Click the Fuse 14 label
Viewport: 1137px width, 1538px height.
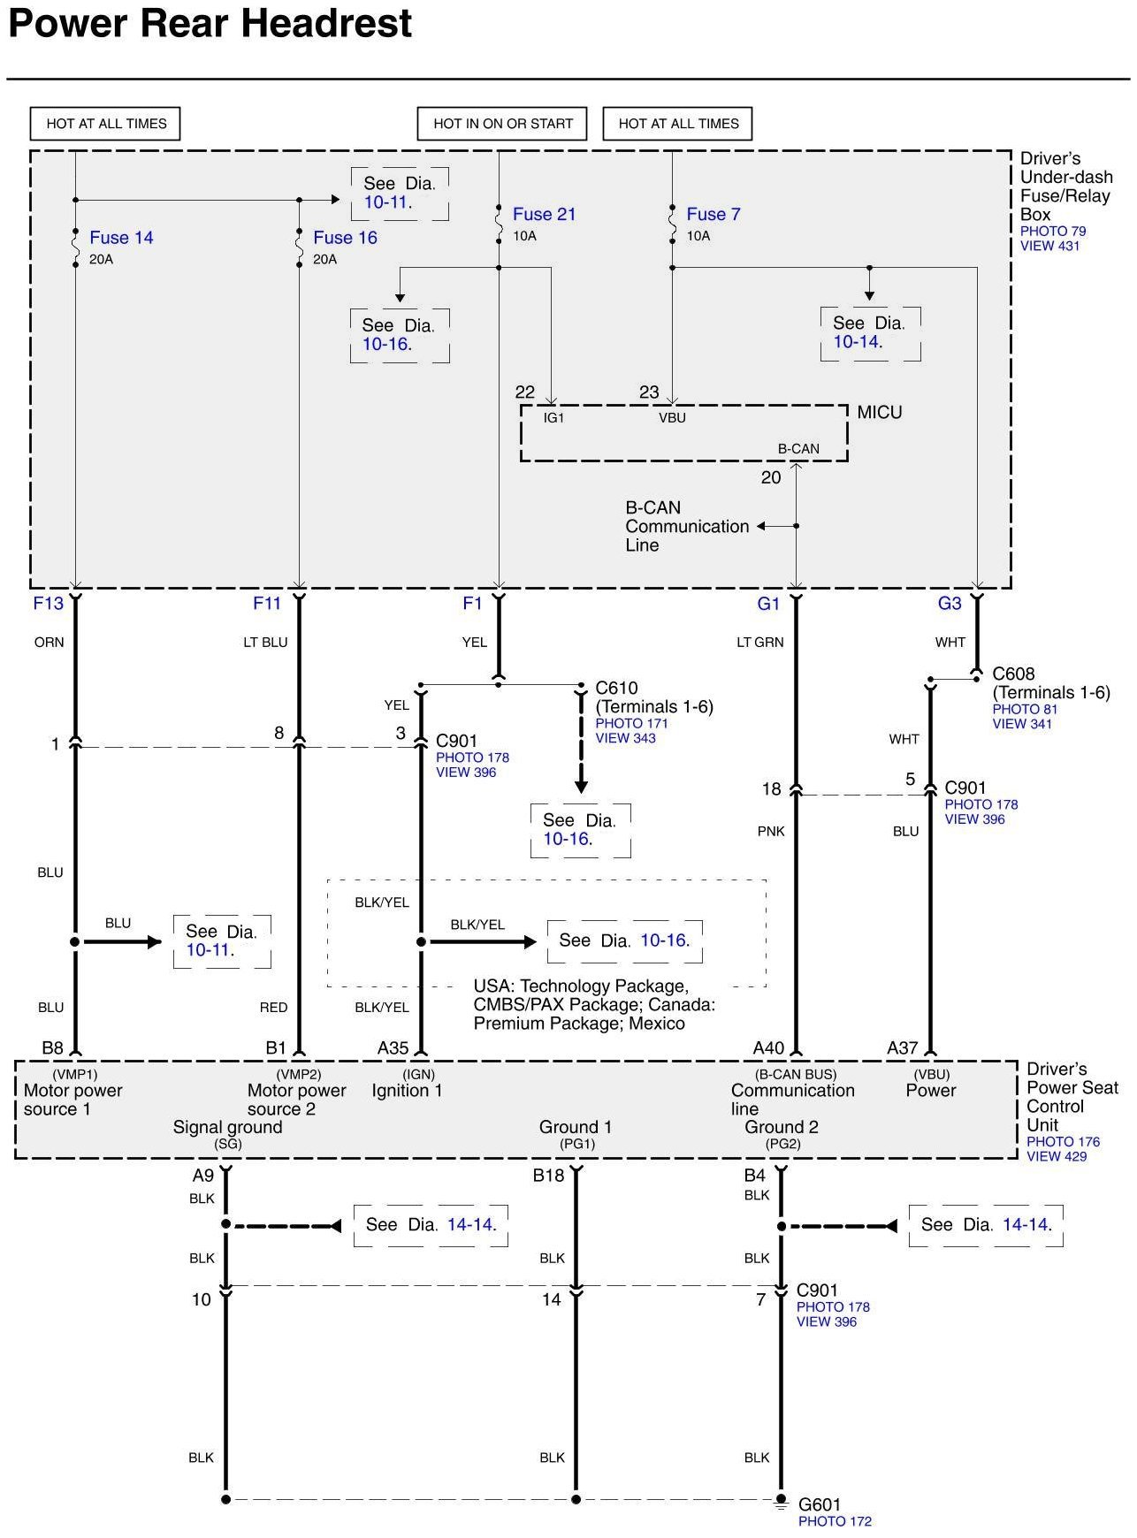click(x=121, y=238)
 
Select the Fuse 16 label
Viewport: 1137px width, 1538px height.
click(x=345, y=238)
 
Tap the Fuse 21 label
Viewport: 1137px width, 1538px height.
click(x=544, y=214)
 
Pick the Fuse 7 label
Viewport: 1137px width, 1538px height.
click(x=713, y=214)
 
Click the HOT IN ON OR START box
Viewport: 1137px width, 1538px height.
click(x=502, y=124)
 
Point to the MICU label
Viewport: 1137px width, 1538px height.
click(x=879, y=412)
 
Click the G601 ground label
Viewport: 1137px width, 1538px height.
click(x=820, y=1504)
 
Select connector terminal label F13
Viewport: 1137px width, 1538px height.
click(x=49, y=603)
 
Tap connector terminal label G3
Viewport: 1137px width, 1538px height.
click(x=950, y=603)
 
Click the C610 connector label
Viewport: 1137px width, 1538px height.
click(x=616, y=688)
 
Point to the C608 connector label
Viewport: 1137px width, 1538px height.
click(x=1013, y=674)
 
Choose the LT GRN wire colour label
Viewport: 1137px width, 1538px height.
click(x=759, y=643)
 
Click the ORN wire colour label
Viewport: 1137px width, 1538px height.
click(x=50, y=643)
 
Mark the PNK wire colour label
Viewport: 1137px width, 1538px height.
click(x=771, y=832)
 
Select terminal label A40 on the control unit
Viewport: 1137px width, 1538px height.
click(x=768, y=1048)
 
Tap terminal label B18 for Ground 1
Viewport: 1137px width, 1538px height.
click(x=548, y=1176)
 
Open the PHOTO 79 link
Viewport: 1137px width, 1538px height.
click(x=1052, y=232)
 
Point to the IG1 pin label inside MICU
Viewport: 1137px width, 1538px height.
click(x=553, y=418)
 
